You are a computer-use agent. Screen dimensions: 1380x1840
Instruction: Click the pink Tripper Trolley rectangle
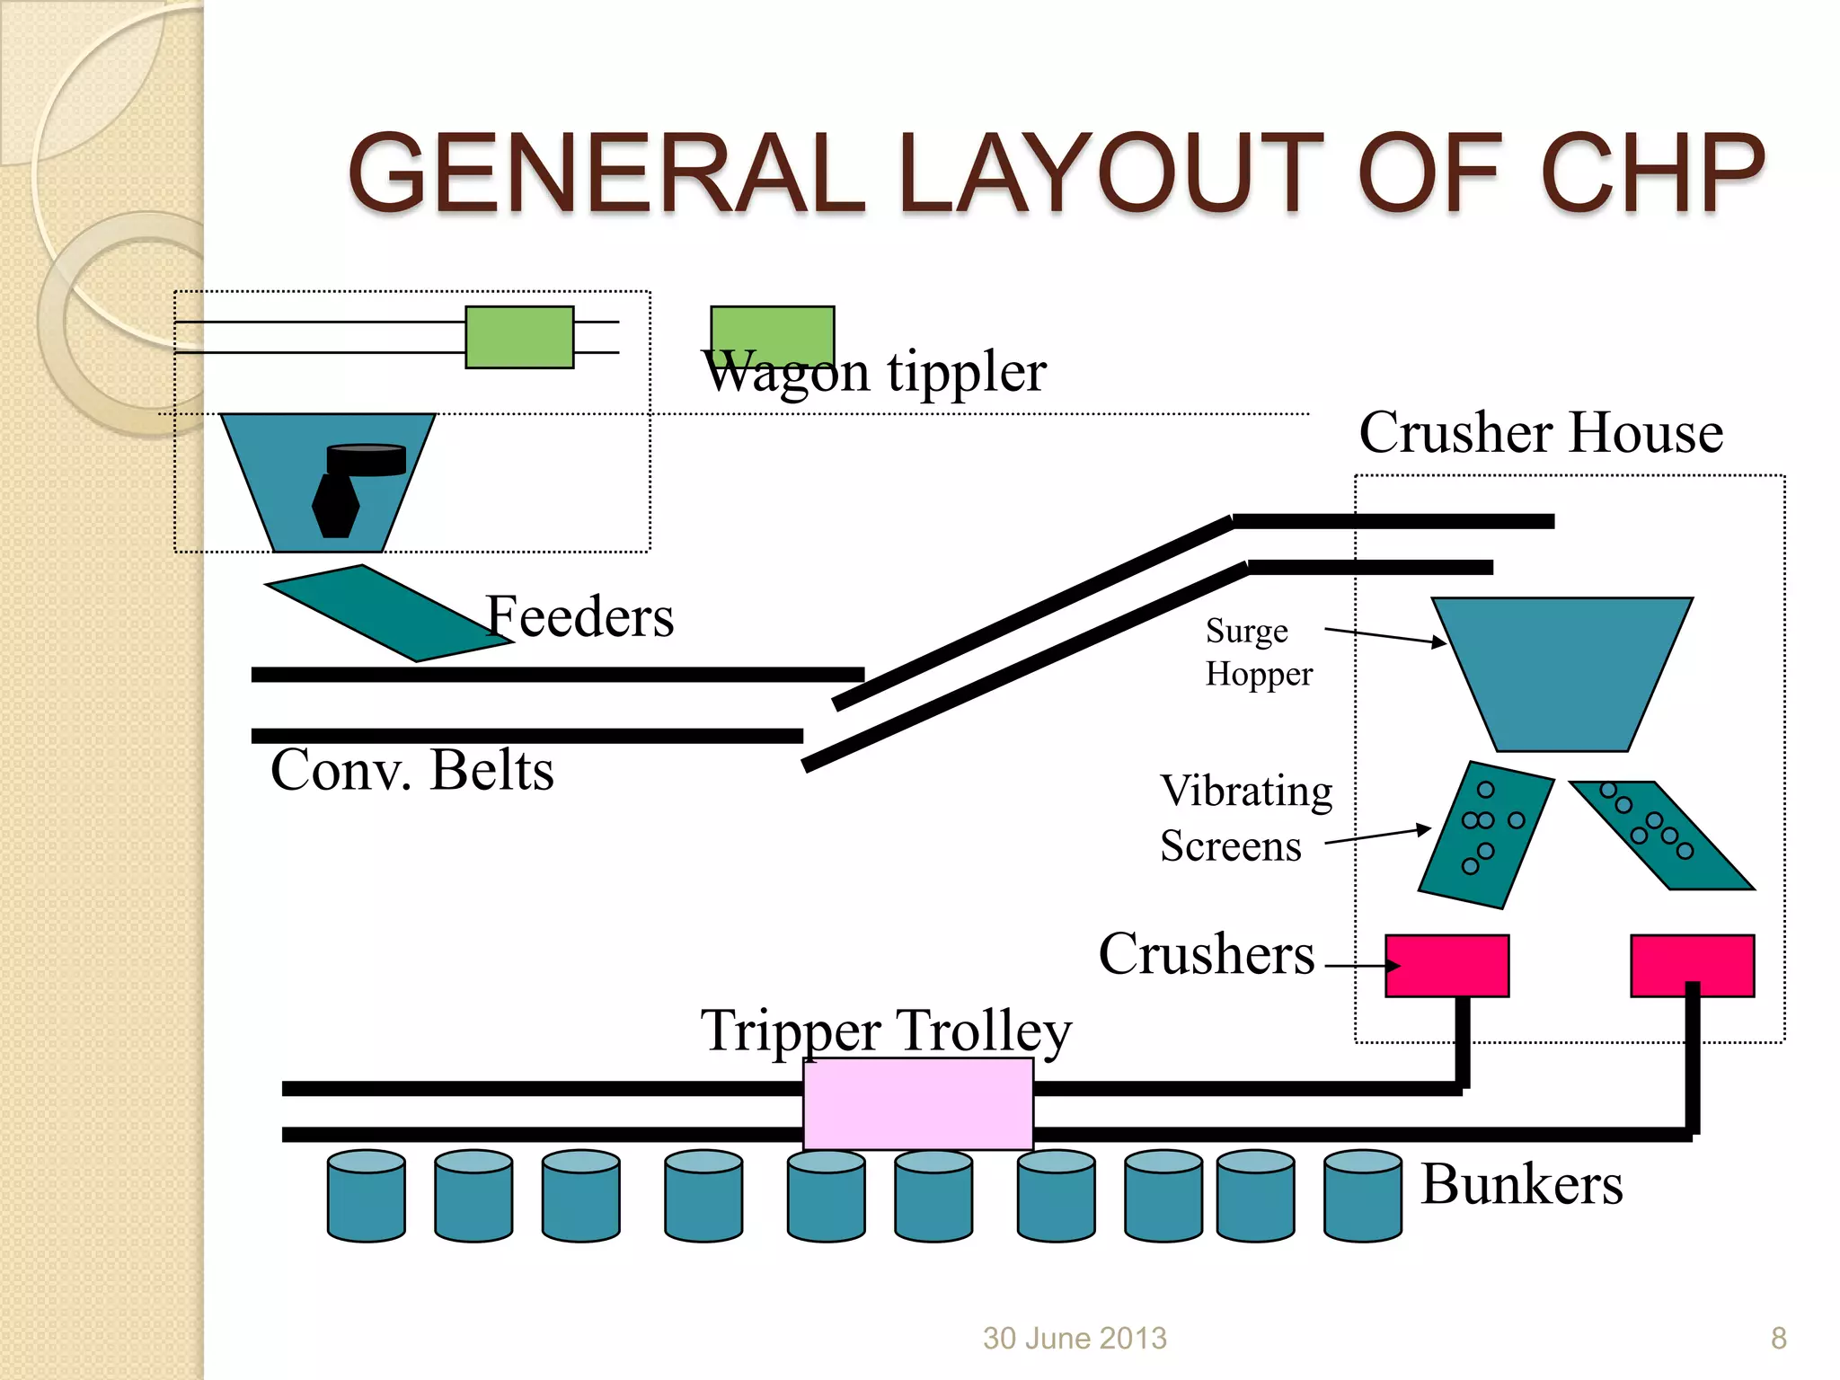917,1103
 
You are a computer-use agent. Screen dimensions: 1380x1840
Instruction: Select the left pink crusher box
1446,966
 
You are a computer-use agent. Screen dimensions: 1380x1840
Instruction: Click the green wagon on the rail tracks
519,337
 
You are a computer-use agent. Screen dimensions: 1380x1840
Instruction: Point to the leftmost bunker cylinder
367,1196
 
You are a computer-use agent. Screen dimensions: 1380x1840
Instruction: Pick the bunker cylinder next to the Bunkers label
1362,1196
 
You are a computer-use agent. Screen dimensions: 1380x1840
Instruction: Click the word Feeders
579,617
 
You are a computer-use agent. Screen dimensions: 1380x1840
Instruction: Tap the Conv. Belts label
412,770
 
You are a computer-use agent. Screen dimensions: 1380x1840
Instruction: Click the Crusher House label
1540,432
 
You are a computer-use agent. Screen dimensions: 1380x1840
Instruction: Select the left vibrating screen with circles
1486,835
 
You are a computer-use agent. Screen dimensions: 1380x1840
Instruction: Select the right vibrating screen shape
1660,835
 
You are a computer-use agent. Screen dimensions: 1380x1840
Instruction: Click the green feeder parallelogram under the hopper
388,614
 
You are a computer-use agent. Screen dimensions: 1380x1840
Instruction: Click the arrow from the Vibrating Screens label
1377,836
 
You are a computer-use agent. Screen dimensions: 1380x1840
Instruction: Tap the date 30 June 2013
1075,1338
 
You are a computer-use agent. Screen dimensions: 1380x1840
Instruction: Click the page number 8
1778,1338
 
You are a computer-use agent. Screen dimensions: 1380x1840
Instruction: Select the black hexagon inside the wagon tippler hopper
336,505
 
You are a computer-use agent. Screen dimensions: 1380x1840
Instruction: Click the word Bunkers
1522,1184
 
